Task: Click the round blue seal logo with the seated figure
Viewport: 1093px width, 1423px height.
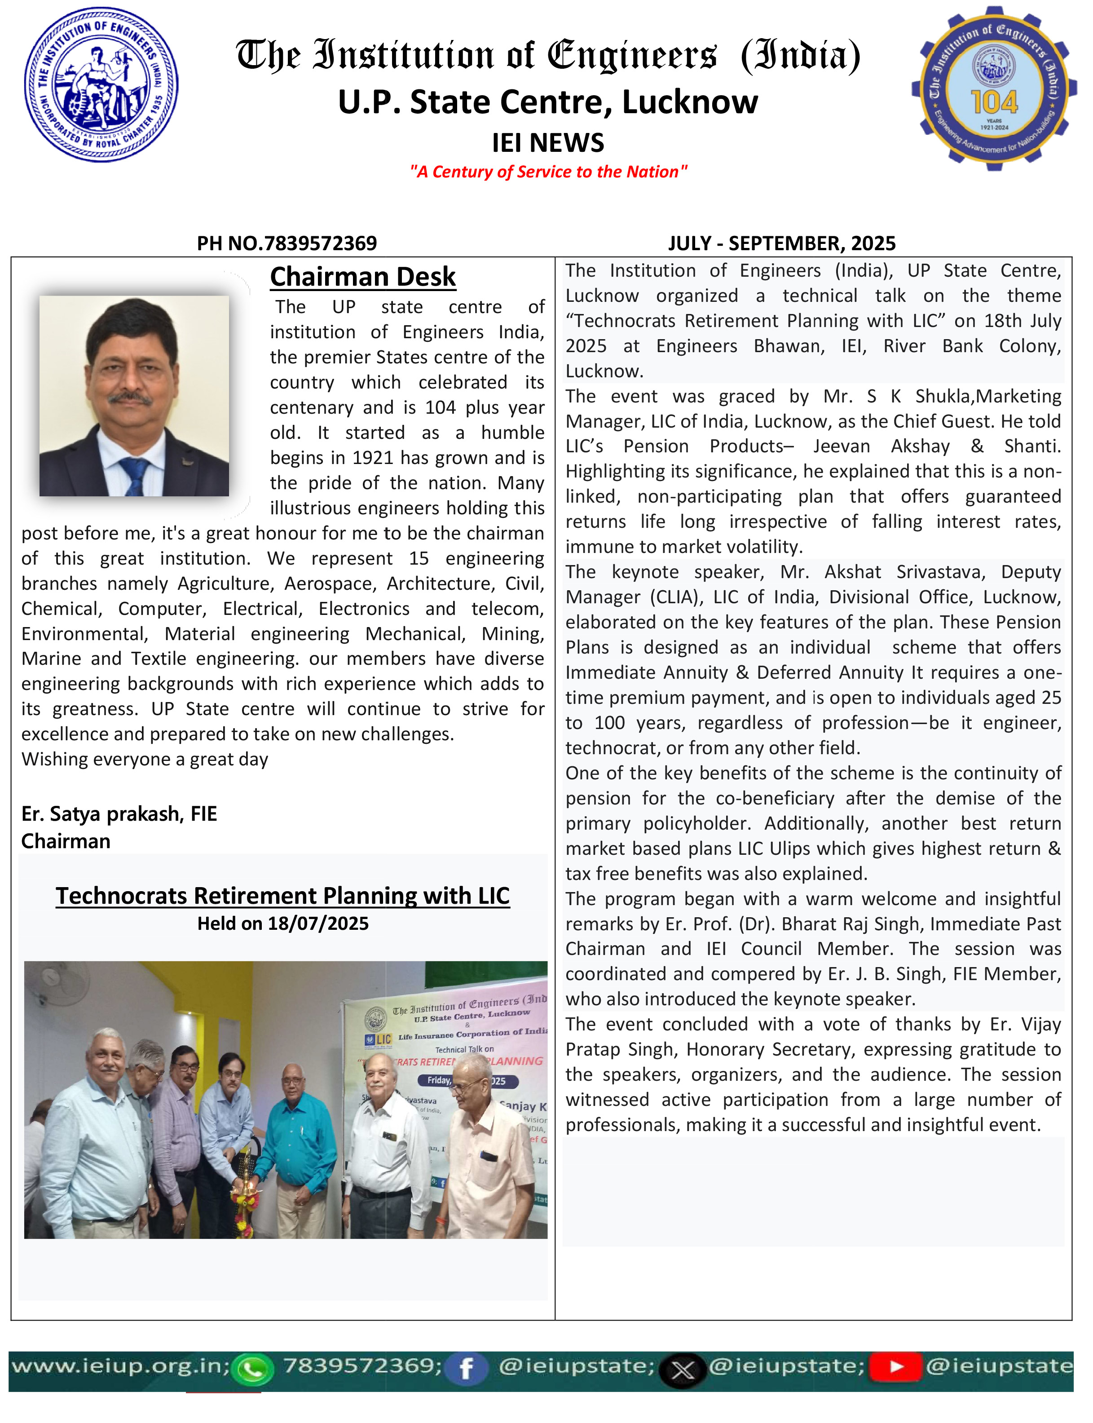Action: [101, 84]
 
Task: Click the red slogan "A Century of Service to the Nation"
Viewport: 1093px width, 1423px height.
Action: [548, 172]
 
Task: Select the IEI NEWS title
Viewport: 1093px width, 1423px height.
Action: [548, 142]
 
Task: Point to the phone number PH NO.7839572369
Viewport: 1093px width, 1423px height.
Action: [287, 243]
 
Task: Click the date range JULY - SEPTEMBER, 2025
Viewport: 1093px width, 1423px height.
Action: [781, 243]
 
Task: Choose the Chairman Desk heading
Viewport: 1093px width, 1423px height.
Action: [362, 277]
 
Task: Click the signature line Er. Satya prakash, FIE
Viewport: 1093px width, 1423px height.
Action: [119, 813]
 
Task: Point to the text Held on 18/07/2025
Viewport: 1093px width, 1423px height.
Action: [282, 924]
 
